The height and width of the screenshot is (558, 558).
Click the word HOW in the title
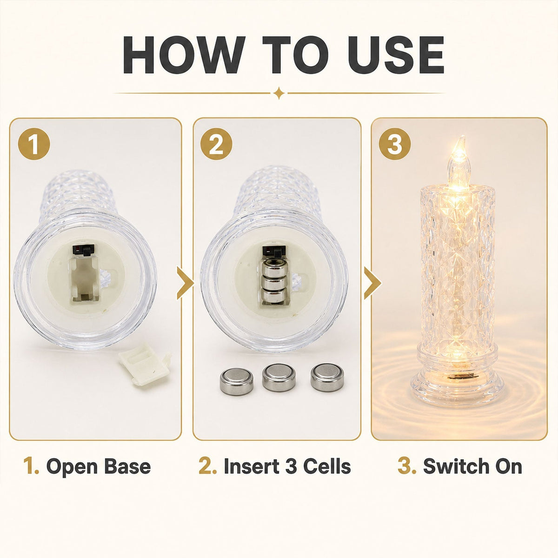point(183,55)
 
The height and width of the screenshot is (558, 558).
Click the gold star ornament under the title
point(279,93)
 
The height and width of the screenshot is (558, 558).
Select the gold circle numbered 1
point(34,144)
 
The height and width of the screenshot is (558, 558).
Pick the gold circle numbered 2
point(216,144)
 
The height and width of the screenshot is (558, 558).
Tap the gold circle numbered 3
point(395,144)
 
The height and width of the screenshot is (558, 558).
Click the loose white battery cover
point(145,364)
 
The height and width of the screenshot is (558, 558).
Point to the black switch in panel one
point(84,250)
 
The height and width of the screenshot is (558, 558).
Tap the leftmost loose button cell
point(237,381)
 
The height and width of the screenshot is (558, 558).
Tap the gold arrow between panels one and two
point(185,283)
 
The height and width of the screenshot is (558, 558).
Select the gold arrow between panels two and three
point(372,283)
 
